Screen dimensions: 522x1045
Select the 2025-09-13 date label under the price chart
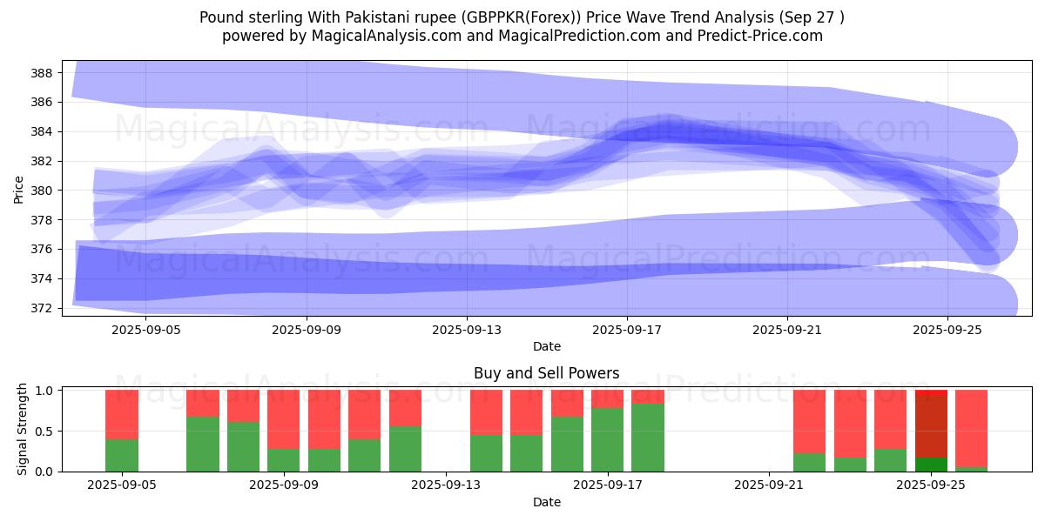467,330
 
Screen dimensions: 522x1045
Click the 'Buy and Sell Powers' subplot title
546,373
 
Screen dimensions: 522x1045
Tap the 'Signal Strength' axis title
23,429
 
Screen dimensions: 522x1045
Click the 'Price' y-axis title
19,189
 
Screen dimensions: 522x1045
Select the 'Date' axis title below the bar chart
546,502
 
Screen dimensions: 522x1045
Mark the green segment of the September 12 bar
405,449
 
